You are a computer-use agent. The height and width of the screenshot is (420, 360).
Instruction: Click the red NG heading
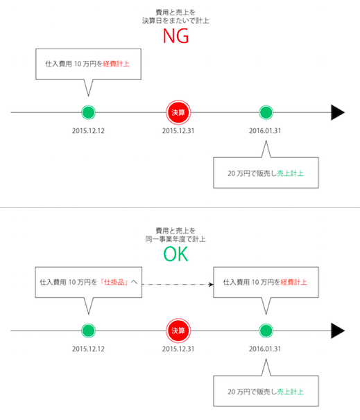click(x=176, y=36)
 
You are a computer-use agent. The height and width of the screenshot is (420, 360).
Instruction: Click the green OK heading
click(x=176, y=254)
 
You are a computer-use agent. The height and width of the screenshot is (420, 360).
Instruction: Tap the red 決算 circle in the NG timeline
click(x=178, y=112)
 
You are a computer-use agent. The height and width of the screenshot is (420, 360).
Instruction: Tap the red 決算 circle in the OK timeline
click(x=178, y=331)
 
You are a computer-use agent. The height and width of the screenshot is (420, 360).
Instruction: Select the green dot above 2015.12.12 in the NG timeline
click(x=89, y=112)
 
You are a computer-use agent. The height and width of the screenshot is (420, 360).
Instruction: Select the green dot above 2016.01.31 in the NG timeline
click(x=266, y=112)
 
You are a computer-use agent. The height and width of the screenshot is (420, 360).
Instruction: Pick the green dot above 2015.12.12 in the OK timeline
click(x=89, y=331)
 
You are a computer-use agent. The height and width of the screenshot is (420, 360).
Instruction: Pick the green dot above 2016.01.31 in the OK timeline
click(x=266, y=331)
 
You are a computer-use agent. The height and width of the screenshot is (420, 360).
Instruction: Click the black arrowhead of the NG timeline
click(x=338, y=112)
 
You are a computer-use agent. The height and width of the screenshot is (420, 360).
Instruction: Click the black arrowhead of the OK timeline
click(x=338, y=331)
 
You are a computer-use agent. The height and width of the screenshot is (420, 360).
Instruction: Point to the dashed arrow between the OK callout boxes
click(x=178, y=284)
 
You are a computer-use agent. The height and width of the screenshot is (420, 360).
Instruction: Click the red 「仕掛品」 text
click(x=114, y=282)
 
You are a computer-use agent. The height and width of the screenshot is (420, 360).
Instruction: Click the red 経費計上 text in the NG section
click(x=116, y=64)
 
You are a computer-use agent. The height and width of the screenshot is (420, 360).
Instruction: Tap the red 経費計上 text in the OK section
click(x=294, y=282)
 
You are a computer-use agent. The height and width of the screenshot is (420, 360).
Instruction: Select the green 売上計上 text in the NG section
click(x=291, y=173)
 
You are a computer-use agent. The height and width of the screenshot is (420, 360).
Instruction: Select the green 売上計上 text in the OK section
click(x=291, y=392)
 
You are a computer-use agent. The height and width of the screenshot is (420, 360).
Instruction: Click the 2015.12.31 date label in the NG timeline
click(x=178, y=131)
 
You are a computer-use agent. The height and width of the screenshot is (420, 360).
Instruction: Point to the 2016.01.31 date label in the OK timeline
click(x=265, y=349)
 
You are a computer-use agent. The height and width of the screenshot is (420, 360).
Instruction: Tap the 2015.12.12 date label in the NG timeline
click(x=88, y=131)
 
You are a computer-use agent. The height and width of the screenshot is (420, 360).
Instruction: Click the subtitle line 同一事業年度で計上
click(x=175, y=239)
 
